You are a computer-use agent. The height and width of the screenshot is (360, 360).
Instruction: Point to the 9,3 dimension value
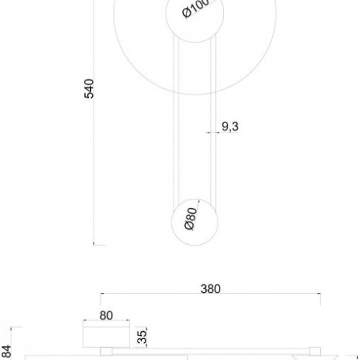tap(230, 127)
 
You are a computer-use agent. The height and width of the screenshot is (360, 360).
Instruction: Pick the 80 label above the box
tap(106, 315)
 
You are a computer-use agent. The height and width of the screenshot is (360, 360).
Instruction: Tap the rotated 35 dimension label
tap(142, 336)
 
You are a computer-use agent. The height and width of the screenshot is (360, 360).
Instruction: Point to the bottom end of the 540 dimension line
tap(97, 244)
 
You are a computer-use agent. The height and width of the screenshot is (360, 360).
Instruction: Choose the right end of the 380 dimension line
tap(320, 295)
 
